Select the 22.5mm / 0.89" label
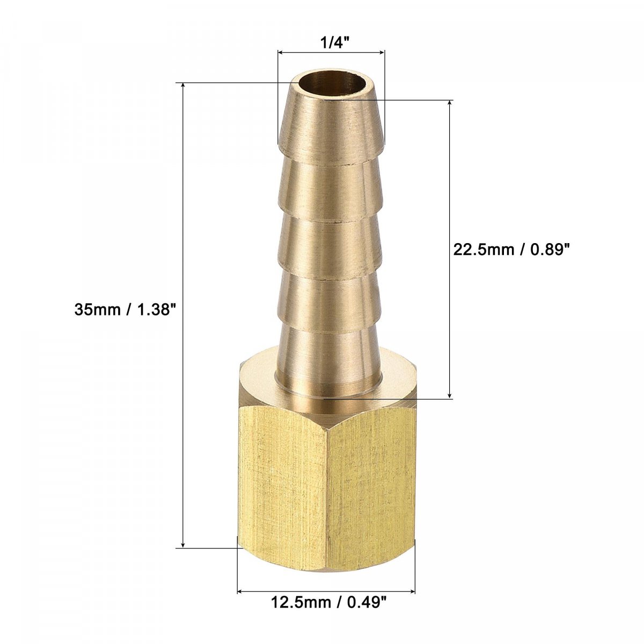click(x=511, y=250)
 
